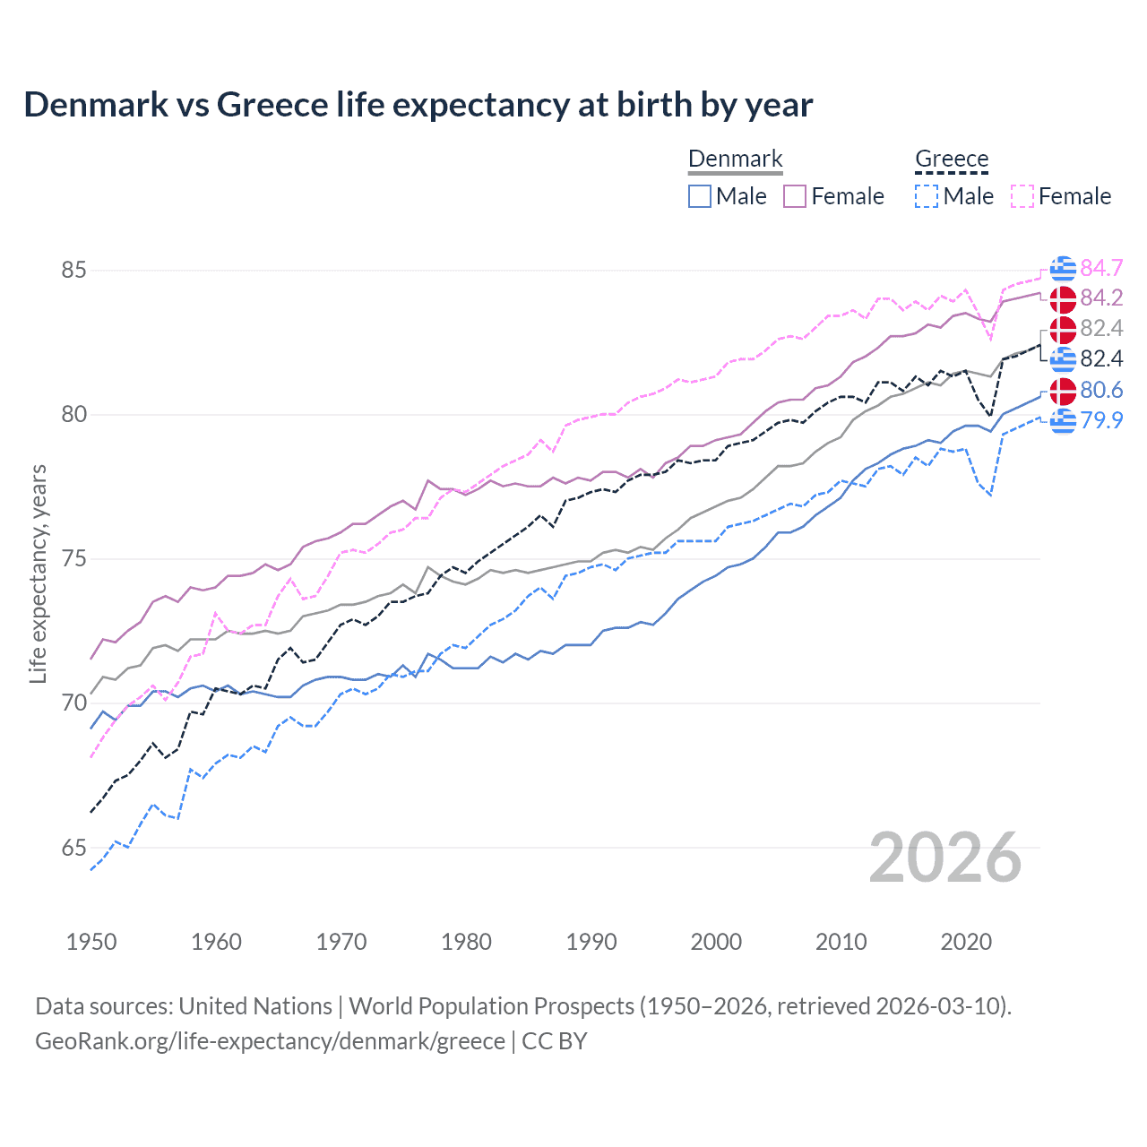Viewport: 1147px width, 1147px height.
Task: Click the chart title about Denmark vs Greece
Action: pos(418,105)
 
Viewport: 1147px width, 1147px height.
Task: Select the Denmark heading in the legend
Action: pos(735,160)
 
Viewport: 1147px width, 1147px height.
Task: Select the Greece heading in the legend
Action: pos(951,160)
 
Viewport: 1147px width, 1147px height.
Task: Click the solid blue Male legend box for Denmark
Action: pos(700,196)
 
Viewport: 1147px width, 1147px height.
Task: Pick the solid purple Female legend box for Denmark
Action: pos(795,196)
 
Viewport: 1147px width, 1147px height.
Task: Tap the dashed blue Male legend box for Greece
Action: pos(927,196)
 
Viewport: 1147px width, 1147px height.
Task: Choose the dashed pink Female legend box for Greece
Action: pos(1022,196)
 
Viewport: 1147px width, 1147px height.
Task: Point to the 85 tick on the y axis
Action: pos(74,270)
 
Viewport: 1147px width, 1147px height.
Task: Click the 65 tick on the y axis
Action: pos(74,848)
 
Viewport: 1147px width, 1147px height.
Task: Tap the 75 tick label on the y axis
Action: pos(74,559)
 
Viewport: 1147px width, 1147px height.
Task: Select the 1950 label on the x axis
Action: pos(91,942)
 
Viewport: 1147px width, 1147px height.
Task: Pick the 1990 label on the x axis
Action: pos(591,942)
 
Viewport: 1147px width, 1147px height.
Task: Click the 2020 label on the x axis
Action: pos(966,942)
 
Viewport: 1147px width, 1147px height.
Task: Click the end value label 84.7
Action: pos(1101,268)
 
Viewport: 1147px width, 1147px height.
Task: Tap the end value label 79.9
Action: pos(1101,419)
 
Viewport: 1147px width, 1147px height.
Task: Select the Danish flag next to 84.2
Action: pos(1063,298)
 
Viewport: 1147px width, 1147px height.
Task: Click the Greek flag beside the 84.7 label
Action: pos(1063,268)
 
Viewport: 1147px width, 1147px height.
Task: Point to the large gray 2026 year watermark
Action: pos(945,858)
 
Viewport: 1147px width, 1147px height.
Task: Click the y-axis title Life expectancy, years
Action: pos(39,573)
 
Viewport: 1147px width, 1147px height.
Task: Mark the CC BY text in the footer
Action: pos(555,1041)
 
